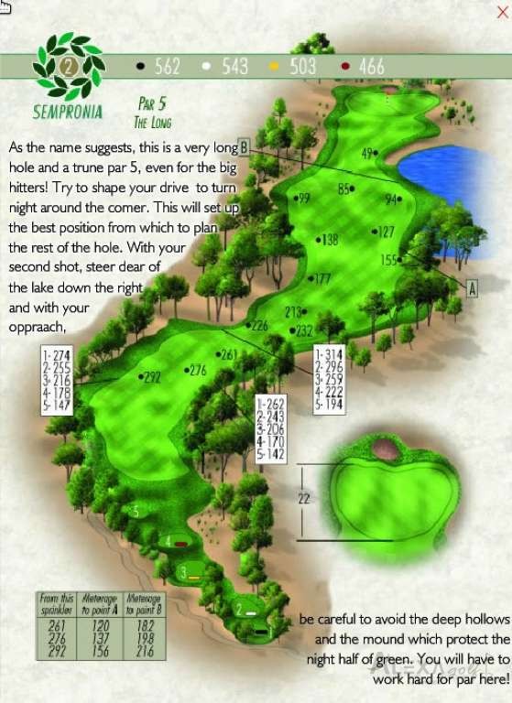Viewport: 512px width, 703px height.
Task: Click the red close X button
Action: [x=501, y=12]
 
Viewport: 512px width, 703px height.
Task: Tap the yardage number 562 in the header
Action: [x=168, y=66]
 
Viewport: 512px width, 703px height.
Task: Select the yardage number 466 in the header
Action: [x=372, y=66]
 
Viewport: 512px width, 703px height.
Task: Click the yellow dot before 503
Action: [x=273, y=67]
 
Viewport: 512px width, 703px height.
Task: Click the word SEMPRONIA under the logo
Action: [x=68, y=114]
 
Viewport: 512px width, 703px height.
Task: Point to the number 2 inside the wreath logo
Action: [x=68, y=66]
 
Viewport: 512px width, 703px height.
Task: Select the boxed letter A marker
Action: [x=473, y=287]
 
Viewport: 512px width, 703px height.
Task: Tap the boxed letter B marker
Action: [x=244, y=146]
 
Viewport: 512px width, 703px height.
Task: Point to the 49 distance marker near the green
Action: [x=368, y=153]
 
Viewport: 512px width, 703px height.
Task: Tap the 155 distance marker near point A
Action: [x=389, y=260]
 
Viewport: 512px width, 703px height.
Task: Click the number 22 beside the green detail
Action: [x=304, y=499]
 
